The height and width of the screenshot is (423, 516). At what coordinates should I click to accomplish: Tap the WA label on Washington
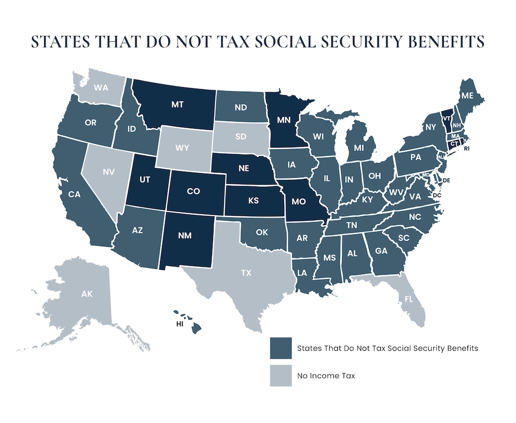(101, 88)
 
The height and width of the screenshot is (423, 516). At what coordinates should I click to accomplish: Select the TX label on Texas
(246, 273)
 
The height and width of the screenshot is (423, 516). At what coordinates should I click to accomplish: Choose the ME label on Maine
(467, 95)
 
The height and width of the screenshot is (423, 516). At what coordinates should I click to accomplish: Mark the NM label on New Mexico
(186, 238)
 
